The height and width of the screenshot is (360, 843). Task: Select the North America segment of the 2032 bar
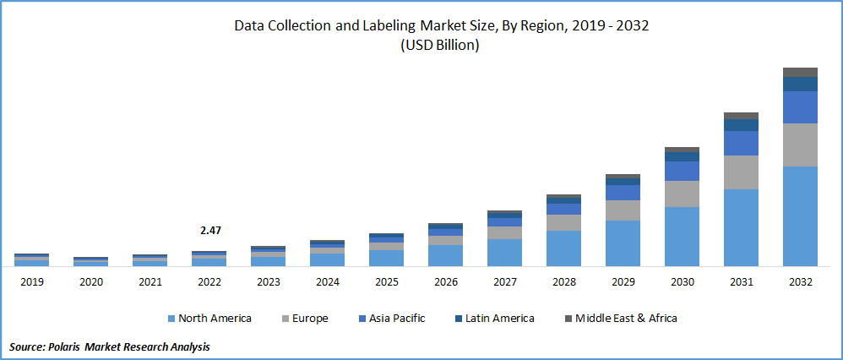(800, 216)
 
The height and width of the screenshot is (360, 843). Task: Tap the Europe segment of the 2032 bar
(800, 145)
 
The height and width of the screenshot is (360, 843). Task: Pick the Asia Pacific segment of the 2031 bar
(741, 143)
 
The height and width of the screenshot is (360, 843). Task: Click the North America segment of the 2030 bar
(682, 237)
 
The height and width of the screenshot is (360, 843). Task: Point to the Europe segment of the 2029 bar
(623, 210)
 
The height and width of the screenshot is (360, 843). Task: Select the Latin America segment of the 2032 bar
(800, 84)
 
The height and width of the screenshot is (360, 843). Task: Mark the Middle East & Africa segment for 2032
(800, 72)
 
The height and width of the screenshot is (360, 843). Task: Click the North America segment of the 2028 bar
(563, 248)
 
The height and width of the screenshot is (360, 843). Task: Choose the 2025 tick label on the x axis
(386, 282)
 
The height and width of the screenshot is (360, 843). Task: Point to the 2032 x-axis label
(800, 282)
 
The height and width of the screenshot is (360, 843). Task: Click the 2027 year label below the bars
(504, 282)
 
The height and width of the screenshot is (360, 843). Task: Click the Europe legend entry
(304, 319)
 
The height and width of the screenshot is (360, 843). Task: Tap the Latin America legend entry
(495, 319)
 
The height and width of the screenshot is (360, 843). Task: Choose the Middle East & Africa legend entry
(620, 319)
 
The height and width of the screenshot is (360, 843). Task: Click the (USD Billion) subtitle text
(439, 46)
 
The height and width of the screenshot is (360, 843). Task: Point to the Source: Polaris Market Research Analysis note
(110, 346)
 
